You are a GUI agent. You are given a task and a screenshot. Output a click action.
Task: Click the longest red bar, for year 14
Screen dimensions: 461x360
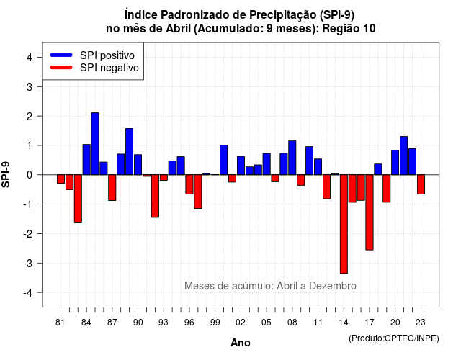pos(344,224)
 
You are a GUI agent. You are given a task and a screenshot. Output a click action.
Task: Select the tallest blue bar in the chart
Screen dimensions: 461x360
pos(95,144)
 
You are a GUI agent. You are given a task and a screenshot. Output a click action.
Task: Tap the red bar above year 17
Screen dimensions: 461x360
pos(370,212)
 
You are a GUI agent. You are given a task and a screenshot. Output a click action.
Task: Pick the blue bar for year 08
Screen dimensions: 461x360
pos(292,158)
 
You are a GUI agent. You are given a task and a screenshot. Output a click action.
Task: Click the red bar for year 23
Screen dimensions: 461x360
pos(421,184)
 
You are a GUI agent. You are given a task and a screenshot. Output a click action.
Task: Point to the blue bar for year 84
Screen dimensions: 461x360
pos(86,160)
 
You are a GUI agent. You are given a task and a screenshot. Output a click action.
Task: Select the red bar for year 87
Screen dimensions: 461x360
pos(112,187)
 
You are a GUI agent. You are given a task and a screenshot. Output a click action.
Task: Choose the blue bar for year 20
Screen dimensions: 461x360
pos(395,163)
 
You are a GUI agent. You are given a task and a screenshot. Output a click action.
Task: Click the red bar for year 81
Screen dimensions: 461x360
pos(61,179)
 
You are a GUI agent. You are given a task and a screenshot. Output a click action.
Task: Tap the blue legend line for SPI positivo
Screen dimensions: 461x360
pos(61,55)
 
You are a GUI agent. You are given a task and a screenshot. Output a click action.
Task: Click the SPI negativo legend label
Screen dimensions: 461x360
pos(109,68)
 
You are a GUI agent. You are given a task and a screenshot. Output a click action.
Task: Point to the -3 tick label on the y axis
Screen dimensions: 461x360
pos(29,264)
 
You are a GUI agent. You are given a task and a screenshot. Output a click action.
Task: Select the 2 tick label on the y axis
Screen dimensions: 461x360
pos(29,117)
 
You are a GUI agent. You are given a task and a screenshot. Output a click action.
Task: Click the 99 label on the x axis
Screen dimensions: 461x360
pos(215,323)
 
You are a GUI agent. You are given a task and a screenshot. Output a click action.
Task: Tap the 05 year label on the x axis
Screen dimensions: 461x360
pos(267,323)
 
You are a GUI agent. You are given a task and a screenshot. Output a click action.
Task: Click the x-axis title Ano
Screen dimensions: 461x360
pos(241,343)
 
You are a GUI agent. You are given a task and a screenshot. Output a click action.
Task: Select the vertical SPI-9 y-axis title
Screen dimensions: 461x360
pos(6,174)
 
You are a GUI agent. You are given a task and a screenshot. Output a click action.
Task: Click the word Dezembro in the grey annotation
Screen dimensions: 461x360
pos(333,286)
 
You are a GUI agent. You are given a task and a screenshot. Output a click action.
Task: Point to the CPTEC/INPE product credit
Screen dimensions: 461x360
pos(394,338)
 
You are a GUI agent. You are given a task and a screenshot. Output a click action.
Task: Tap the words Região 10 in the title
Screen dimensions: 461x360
pos(349,29)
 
